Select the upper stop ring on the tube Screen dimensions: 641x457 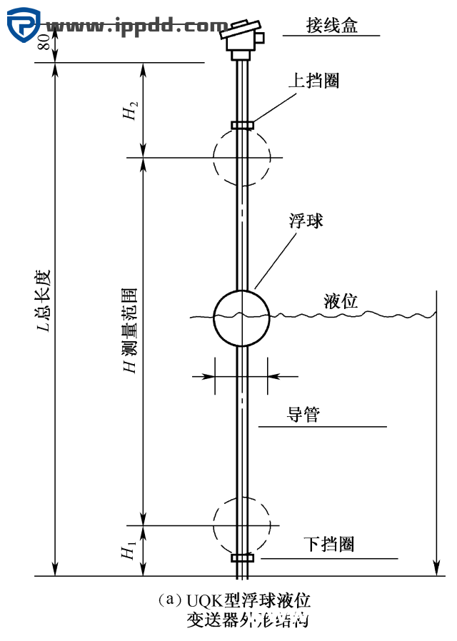click(x=242, y=126)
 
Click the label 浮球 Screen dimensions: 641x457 click(x=306, y=221)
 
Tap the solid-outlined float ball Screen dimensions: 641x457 click(x=242, y=317)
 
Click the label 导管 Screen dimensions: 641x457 click(x=303, y=415)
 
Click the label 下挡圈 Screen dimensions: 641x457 click(x=331, y=545)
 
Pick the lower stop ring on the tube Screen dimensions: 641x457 click(x=242, y=557)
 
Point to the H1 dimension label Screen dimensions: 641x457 click(x=129, y=551)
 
